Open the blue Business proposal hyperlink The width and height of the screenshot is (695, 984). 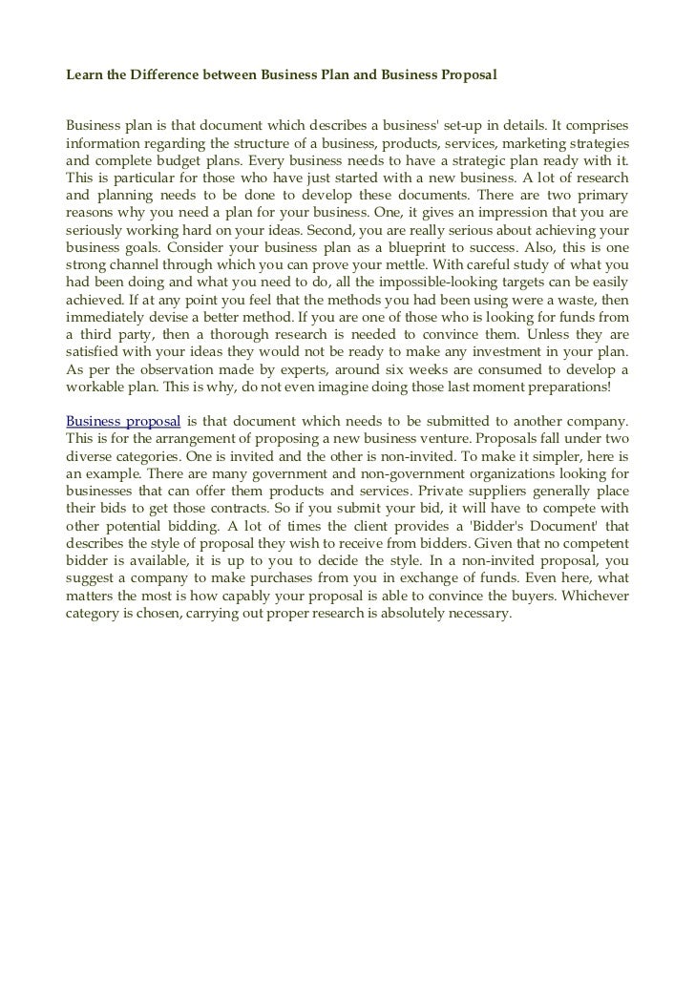123,421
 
